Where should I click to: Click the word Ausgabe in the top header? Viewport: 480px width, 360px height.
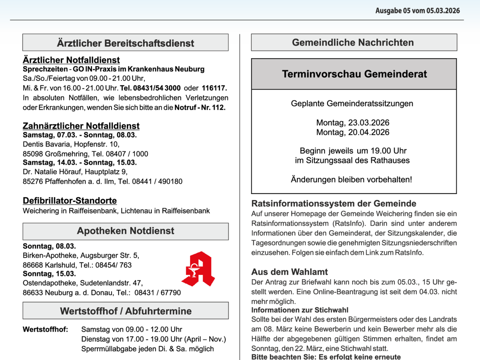coord(388,11)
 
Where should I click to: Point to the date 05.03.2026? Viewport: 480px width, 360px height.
coord(443,11)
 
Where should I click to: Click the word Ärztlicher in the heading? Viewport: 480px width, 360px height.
coord(79,43)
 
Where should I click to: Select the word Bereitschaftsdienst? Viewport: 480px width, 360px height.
coord(149,43)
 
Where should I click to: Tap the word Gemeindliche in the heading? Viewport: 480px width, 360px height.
coord(323,42)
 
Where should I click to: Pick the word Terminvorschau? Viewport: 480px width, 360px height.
coord(322,74)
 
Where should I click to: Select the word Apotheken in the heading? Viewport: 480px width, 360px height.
coord(101,231)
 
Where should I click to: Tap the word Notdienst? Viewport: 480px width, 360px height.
coord(152,231)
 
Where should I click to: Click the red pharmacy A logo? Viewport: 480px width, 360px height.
coord(198,269)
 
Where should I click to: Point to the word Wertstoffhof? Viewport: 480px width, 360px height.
coord(88,311)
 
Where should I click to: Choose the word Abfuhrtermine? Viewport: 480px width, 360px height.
coord(158,311)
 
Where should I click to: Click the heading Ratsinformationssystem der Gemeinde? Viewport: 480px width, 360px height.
coord(334,203)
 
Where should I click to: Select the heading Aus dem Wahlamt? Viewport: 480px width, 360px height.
coord(290,272)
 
